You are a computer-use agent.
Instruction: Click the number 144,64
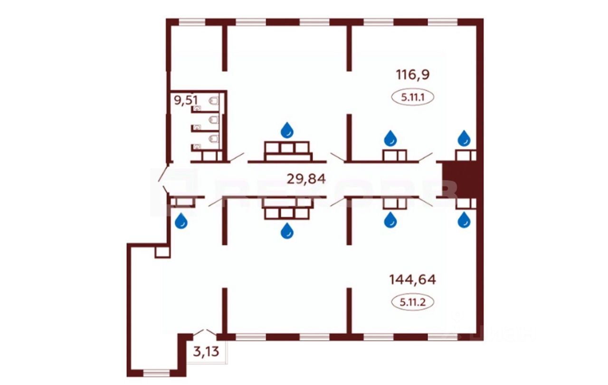click(412, 279)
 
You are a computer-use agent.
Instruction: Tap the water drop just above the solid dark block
click(464, 138)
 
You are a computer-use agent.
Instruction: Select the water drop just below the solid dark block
click(464, 220)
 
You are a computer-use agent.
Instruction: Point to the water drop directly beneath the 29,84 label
click(287, 231)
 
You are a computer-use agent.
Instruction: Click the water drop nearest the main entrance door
click(181, 221)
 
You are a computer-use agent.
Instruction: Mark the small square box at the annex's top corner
click(162, 252)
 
